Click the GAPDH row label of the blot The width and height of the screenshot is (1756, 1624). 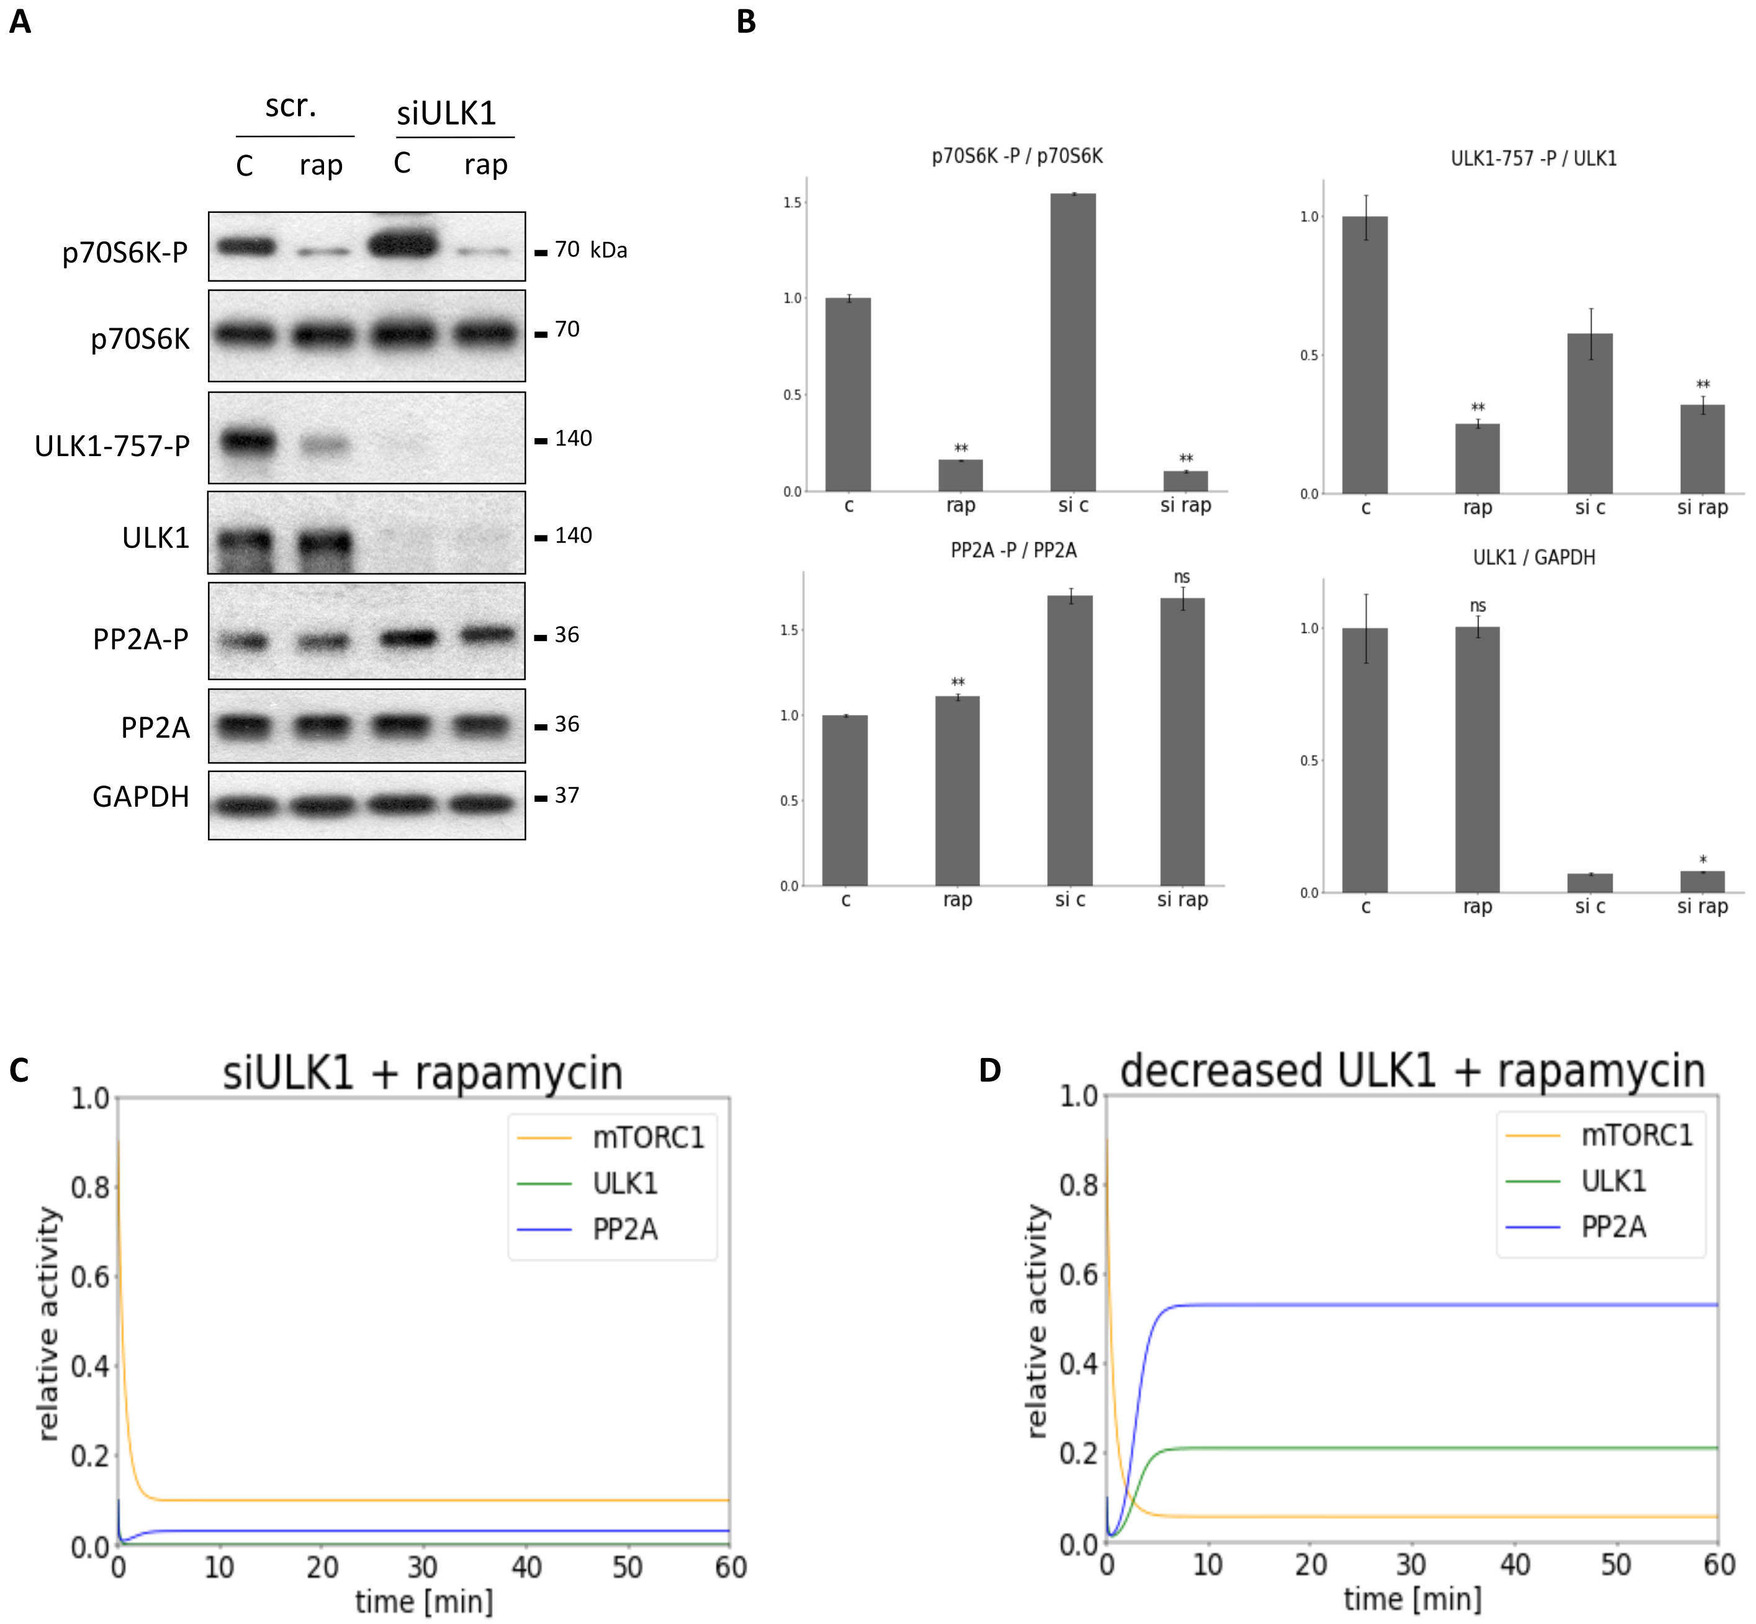click(x=141, y=796)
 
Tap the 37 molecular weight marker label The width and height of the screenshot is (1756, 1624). click(x=567, y=796)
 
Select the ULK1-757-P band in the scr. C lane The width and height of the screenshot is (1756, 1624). click(x=247, y=440)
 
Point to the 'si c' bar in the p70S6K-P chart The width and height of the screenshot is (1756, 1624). click(x=1073, y=343)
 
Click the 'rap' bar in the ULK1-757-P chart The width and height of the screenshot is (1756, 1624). click(x=1477, y=458)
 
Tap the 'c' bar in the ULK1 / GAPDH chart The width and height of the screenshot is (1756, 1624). click(x=1365, y=760)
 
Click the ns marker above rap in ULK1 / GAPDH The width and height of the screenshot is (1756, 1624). click(x=1477, y=606)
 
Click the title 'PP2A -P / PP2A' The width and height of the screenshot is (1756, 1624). click(x=1014, y=550)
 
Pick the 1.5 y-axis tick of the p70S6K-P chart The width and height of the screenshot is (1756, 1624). click(x=792, y=202)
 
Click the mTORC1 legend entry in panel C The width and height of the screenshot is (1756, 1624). click(x=648, y=1138)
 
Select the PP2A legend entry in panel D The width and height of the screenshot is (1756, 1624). click(x=1613, y=1227)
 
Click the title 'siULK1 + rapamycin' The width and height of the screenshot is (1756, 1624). click(x=423, y=1073)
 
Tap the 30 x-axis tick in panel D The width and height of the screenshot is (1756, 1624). click(x=1412, y=1564)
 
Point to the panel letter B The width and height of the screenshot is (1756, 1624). click(x=746, y=21)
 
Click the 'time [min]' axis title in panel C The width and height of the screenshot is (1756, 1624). click(x=423, y=1601)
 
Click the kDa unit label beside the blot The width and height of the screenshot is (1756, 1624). click(x=608, y=251)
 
